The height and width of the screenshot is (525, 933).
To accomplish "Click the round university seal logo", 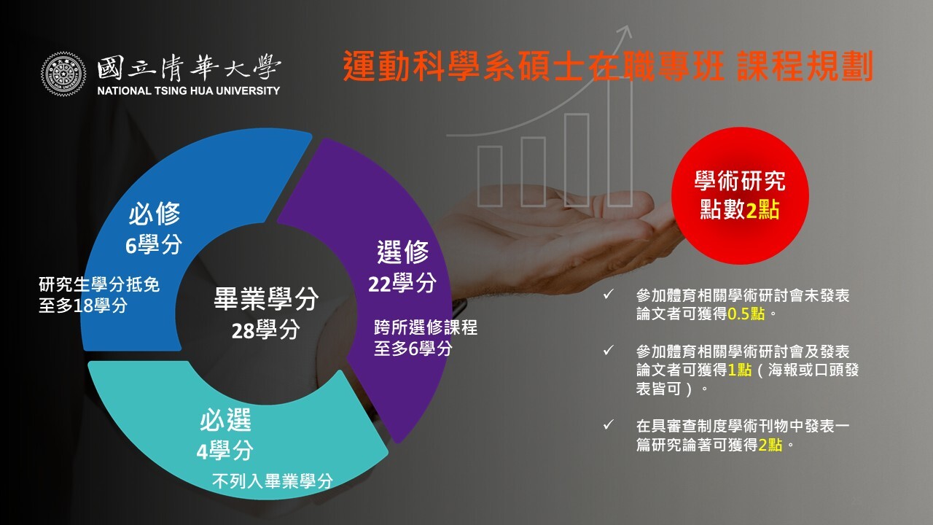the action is pos(63,74).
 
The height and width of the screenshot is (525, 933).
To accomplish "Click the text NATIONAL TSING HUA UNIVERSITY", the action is pos(188,91).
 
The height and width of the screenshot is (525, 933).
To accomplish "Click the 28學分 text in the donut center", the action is pos(266,330).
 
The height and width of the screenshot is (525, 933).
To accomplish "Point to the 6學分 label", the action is pos(154,244).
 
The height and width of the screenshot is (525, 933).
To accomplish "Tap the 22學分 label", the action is pos(402,284).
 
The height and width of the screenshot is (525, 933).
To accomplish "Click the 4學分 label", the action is pos(225,451).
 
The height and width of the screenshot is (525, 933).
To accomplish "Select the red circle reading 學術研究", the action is pos(740,196).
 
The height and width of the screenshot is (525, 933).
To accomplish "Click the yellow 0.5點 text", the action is pos(746,314).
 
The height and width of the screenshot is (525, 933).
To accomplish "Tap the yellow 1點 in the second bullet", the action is pos(740,370).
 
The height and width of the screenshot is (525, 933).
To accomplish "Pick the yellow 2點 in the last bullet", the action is pos(770,445).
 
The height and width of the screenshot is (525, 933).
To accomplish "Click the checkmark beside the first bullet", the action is pos(608,294).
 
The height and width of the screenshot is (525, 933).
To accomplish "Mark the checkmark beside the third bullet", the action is pos(608,425).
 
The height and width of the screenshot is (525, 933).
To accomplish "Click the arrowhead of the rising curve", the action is pos(625,29).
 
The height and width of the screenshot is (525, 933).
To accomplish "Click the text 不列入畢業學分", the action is pos(273,481).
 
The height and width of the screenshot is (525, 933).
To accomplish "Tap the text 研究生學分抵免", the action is pos(99,284).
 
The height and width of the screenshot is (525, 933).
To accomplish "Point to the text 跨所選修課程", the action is pos(425,327).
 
